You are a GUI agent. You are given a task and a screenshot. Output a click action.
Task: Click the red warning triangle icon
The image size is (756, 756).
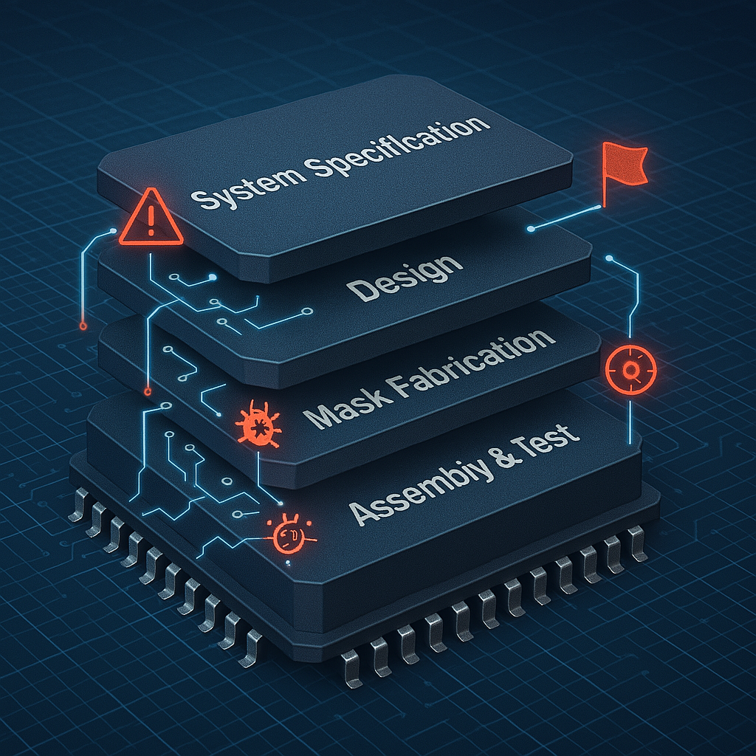pyautogui.click(x=151, y=218)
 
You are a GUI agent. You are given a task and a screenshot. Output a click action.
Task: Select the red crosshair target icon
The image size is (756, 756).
pyautogui.click(x=630, y=369)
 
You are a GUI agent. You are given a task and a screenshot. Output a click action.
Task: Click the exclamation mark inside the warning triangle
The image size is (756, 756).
pyautogui.click(x=151, y=221)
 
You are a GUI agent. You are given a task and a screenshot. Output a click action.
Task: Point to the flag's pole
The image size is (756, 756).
pyautogui.click(x=604, y=176)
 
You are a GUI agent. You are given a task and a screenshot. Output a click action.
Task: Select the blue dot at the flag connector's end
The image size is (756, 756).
pyautogui.click(x=531, y=229)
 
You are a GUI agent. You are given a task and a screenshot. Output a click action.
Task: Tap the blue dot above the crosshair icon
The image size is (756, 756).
pyautogui.click(x=609, y=258)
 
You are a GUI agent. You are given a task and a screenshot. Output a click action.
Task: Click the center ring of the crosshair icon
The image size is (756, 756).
pyautogui.click(x=630, y=370)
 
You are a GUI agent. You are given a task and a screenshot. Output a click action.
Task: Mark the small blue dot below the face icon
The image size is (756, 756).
pyautogui.click(x=289, y=563)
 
